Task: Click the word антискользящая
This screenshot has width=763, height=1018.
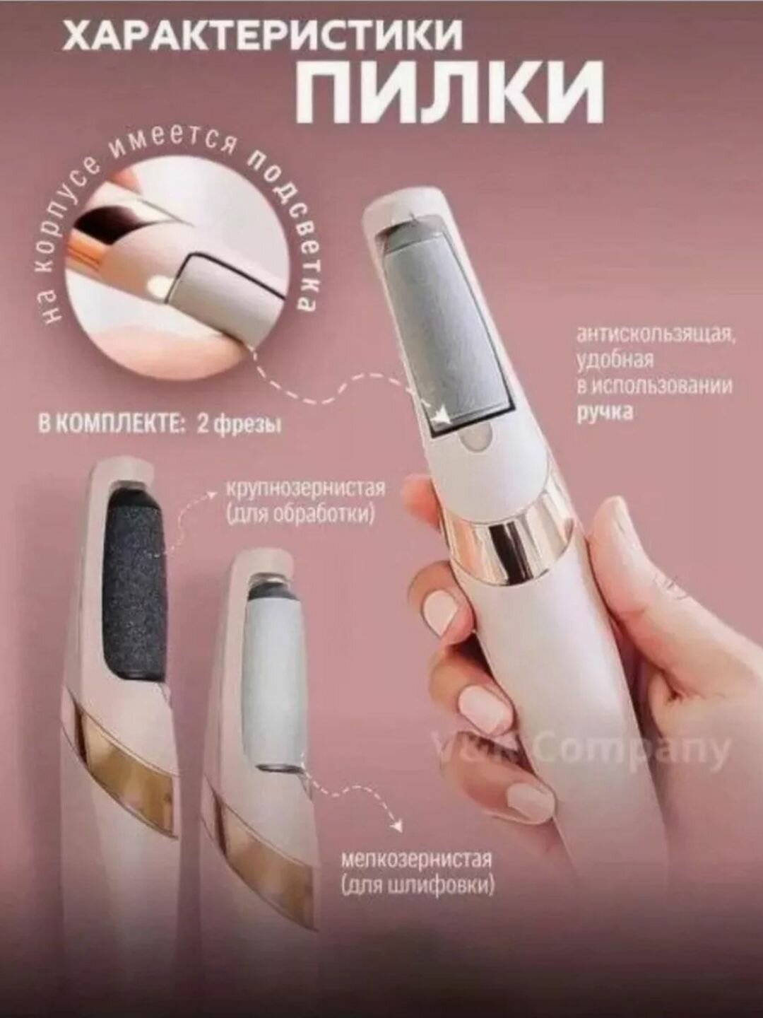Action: [656, 333]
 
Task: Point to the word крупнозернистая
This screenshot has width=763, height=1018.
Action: [305, 489]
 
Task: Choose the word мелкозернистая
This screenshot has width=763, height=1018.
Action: [415, 860]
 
